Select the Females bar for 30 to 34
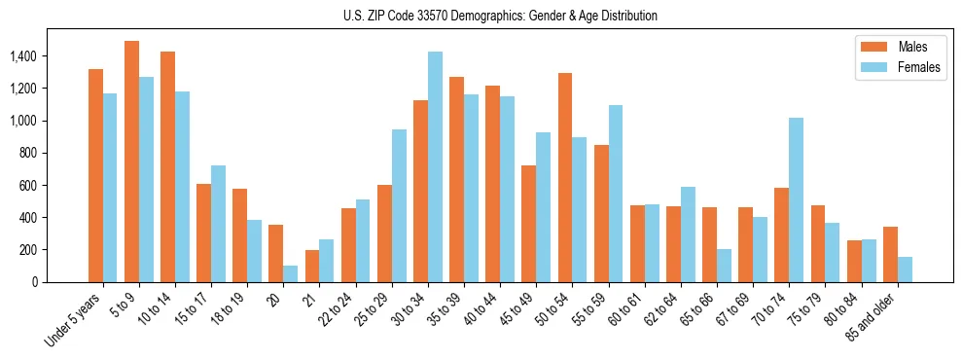[x=435, y=166]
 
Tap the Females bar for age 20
[x=291, y=273]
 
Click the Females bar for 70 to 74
[x=796, y=199]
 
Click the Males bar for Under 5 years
[x=95, y=175]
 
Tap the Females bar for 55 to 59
[x=615, y=194]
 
